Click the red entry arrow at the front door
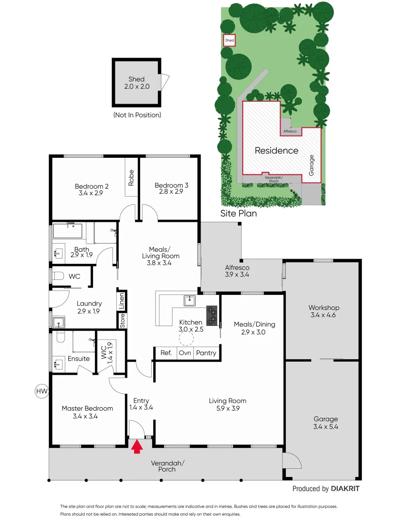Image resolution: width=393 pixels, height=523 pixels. tap(137, 446)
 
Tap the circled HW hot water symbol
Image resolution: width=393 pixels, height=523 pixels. tap(42, 391)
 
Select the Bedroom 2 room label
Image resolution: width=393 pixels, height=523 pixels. tap(92, 189)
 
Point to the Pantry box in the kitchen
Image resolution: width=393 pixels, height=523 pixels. tap(206, 353)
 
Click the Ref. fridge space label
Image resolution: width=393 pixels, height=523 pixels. tap(166, 353)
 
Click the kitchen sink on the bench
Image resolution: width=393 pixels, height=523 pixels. tap(189, 301)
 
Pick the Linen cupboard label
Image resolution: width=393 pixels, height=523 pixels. tap(122, 301)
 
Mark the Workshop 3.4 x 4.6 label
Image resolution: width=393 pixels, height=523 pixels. tap(324, 311)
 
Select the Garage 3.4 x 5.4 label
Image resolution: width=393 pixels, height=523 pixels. tap(326, 423)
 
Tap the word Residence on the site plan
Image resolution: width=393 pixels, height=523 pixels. tap(277, 151)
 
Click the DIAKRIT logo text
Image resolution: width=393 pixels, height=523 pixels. tap(345, 489)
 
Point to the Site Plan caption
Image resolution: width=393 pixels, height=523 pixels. tap(238, 213)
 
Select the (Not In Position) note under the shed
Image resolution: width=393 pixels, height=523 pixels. tap(137, 115)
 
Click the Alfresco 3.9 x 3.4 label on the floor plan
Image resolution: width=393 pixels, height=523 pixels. tap(237, 271)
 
